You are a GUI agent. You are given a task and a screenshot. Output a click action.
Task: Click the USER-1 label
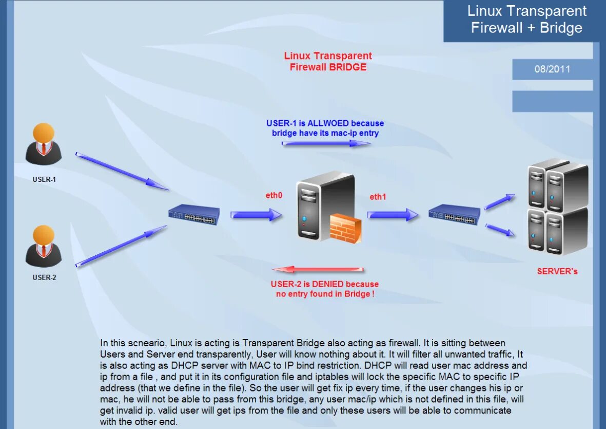coord(44,180)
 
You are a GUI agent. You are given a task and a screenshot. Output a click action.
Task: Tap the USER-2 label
coord(44,277)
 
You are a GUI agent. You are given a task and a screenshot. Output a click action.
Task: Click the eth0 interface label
coord(273,195)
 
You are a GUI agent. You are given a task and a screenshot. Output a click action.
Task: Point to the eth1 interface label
coord(378,197)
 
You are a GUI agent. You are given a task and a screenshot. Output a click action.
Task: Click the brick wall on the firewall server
coord(345,228)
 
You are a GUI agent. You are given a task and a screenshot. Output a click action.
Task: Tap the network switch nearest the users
coord(194,215)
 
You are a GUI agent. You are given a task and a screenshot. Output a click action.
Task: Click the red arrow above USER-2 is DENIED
coord(318,270)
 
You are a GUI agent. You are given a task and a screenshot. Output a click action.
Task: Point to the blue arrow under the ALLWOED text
coord(326,143)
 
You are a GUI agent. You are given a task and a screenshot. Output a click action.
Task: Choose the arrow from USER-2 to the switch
coord(122,246)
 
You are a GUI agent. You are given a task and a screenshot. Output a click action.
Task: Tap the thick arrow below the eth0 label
coord(256,215)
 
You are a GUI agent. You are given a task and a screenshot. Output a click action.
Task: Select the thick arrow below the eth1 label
coord(393,215)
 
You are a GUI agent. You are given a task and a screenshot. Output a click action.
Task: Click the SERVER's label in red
coord(557,271)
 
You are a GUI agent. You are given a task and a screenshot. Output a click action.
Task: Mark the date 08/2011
coord(552,69)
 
